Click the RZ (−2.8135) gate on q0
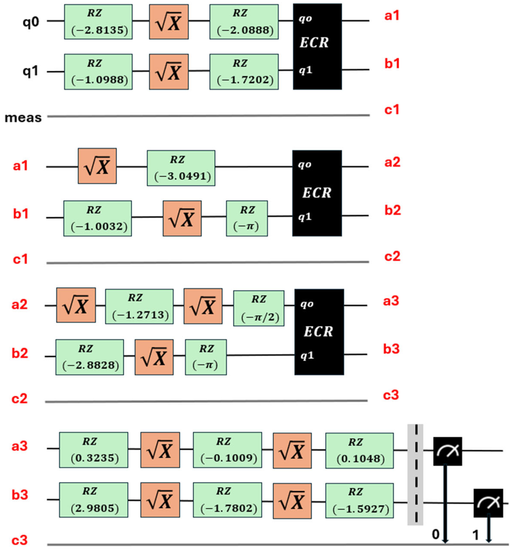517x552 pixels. click(98, 22)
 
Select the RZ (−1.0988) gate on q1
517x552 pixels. click(98, 72)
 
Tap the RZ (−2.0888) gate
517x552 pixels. click(244, 22)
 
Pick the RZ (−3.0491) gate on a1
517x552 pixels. click(181, 168)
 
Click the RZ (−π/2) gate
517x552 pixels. click(259, 308)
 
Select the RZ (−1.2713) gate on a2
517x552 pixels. click(139, 306)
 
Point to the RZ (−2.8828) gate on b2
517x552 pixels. click(90, 357)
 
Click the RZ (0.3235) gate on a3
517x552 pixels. click(94, 450)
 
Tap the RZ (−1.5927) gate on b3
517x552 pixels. click(359, 500)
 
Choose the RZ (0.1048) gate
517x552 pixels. click(359, 450)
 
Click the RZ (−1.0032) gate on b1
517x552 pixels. click(98, 219)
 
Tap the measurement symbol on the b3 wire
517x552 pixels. click(488, 503)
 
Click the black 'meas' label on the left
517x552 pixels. click(23, 118)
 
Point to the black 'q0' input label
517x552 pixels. click(30, 22)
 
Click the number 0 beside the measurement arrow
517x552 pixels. click(436, 534)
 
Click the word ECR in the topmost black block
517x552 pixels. click(314, 43)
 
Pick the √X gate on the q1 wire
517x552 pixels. click(169, 72)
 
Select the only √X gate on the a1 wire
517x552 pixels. click(97, 166)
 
